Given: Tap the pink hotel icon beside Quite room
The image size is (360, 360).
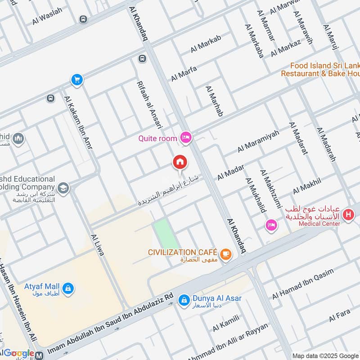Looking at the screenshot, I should tap(185, 138).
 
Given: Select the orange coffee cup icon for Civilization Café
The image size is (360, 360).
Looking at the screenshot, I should tap(226, 254).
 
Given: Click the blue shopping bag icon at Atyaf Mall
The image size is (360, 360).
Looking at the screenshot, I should tap(68, 288).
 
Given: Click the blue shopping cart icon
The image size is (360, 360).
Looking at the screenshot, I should tap(77, 80).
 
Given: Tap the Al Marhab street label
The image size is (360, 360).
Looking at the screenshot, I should tap(214, 101).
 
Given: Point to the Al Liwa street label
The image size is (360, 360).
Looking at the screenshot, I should tap(97, 245).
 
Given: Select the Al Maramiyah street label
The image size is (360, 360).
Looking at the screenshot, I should tap(258, 141).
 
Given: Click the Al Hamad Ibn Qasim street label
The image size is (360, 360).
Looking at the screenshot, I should tap(302, 284).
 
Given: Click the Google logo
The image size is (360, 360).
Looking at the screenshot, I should tap(18, 354).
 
